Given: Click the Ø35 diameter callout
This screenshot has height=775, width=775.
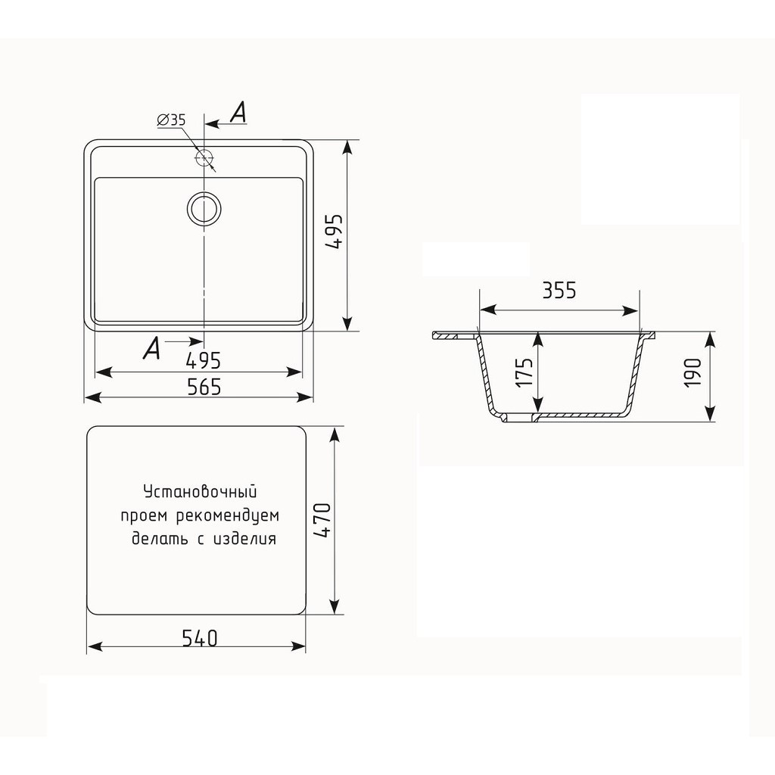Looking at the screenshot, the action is (x=171, y=120).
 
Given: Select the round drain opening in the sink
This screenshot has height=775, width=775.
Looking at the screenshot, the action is (x=204, y=208).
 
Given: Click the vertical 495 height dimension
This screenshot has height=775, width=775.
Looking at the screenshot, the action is (x=336, y=232).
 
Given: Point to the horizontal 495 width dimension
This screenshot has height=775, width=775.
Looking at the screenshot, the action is (x=203, y=361).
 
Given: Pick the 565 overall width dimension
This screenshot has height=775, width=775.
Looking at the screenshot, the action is (x=204, y=387).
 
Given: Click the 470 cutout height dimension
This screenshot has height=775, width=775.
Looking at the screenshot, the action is (x=322, y=520).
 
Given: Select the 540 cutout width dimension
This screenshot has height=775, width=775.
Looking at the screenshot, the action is (x=200, y=638).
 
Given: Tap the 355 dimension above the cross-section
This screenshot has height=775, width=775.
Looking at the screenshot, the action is (x=559, y=291).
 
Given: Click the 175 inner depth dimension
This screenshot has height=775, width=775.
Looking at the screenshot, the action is (x=524, y=372).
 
